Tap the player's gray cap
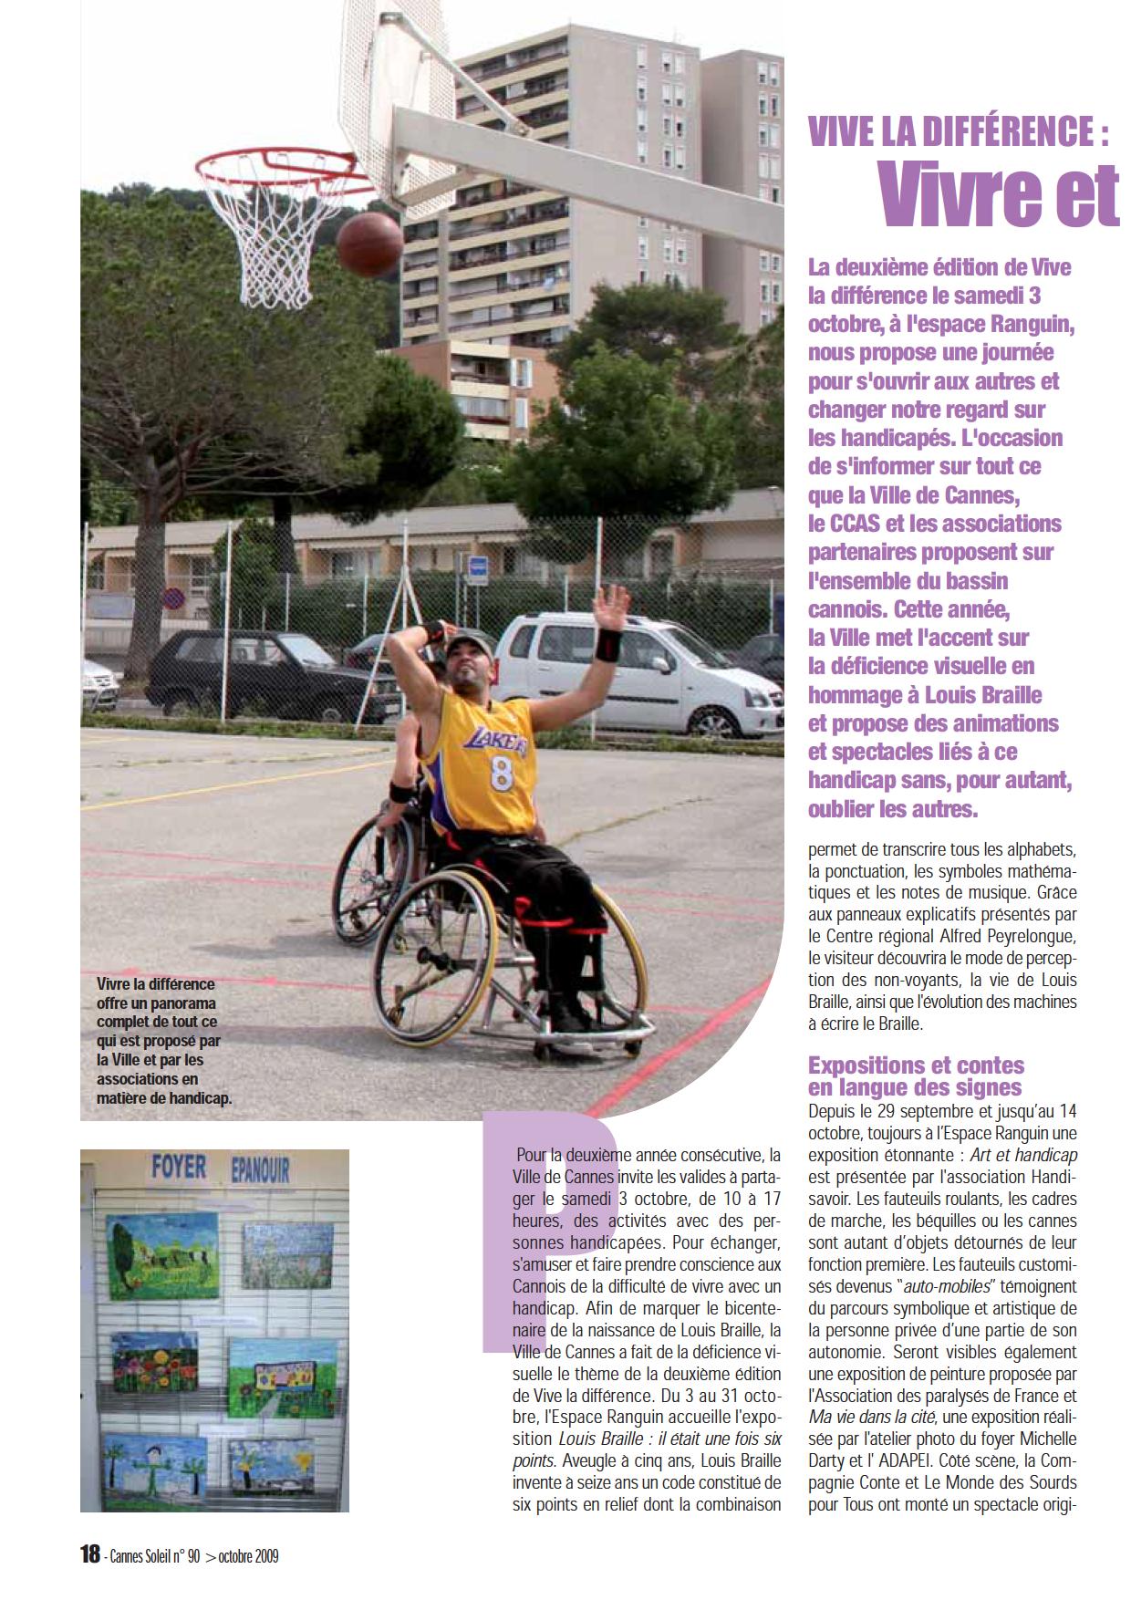point(469,646)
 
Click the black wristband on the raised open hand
point(608,644)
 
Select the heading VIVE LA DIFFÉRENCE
point(959,134)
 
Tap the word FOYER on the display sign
point(178,1168)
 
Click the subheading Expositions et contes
point(916,1065)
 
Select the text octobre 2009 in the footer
point(248,1557)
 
